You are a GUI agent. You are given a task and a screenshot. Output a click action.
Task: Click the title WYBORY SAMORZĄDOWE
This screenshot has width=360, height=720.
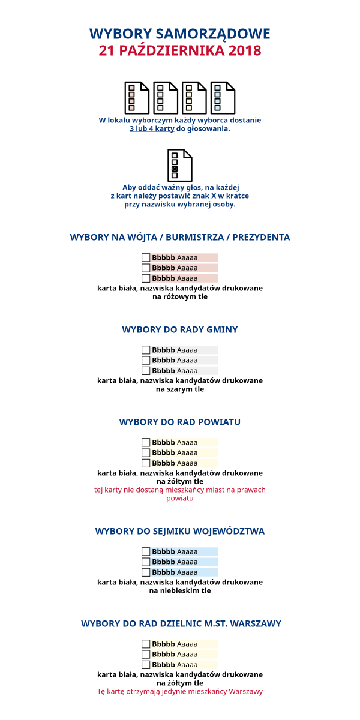[180, 34]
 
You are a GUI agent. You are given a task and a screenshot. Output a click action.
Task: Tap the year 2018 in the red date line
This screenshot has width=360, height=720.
[245, 50]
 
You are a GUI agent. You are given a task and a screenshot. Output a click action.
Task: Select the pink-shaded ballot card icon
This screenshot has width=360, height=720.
[136, 98]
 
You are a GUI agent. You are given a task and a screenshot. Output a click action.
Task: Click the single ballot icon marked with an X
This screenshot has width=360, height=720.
[179, 165]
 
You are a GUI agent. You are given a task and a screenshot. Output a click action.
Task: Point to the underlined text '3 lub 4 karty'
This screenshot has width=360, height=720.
[152, 129]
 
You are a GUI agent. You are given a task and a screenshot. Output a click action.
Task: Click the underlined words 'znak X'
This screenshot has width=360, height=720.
[204, 196]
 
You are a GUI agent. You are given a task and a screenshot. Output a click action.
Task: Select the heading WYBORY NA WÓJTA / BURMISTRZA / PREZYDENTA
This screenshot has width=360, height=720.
[180, 237]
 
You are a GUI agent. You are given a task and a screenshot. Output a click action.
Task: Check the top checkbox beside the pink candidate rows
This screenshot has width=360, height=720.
[146, 257]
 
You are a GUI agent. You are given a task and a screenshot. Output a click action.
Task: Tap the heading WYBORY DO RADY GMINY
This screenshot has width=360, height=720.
[180, 329]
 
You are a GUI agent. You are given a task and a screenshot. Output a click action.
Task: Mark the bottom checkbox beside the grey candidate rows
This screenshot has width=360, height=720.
[146, 370]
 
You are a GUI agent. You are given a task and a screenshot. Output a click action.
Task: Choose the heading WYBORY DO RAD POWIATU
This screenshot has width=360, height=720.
[180, 422]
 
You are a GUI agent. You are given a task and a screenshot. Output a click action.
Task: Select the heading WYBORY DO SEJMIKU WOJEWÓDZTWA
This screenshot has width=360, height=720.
[180, 531]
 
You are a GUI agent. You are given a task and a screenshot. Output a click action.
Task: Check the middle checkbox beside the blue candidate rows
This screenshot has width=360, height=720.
[146, 562]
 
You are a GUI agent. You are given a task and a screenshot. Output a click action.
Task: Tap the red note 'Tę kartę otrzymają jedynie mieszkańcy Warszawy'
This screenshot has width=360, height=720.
[180, 691]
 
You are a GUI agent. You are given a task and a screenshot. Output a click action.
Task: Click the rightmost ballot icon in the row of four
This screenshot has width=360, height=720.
[223, 98]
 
